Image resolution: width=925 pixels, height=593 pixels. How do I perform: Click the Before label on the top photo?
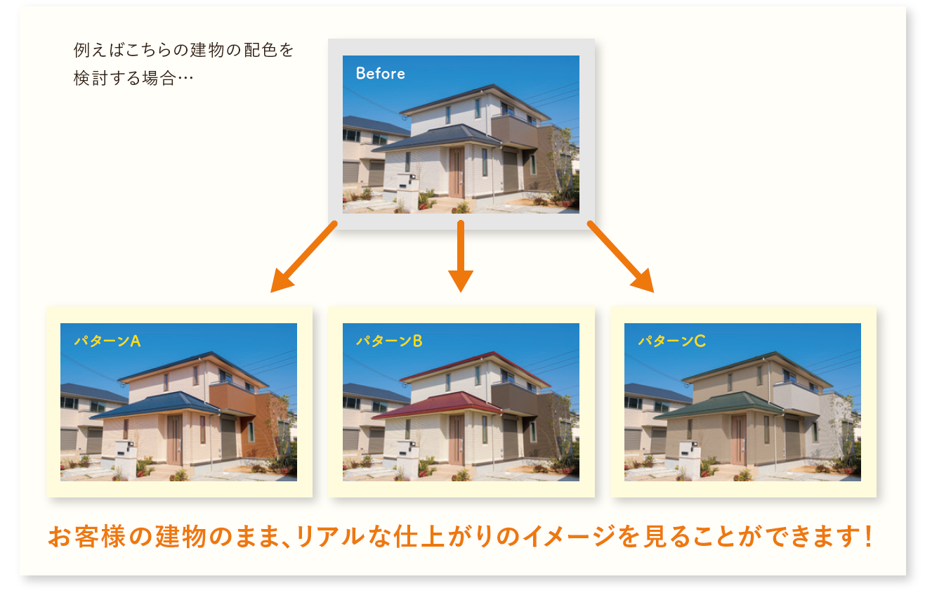click(380, 74)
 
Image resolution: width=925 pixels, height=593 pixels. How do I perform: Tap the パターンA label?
click(107, 341)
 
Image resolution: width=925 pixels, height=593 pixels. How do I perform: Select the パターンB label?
click(389, 341)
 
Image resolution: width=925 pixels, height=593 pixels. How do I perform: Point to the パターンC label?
click(672, 341)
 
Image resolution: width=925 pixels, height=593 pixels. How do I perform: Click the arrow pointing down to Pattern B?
click(461, 256)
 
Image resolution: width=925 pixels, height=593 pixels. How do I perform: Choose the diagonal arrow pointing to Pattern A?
click(304, 256)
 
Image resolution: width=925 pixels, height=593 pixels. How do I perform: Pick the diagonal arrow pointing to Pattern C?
click(620, 256)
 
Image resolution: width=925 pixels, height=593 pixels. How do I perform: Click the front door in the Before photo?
click(457, 173)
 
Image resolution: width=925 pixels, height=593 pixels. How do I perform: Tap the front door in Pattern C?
click(738, 441)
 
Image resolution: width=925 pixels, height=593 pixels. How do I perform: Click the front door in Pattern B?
click(457, 441)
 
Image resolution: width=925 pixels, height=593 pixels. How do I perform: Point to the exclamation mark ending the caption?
click(868, 535)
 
